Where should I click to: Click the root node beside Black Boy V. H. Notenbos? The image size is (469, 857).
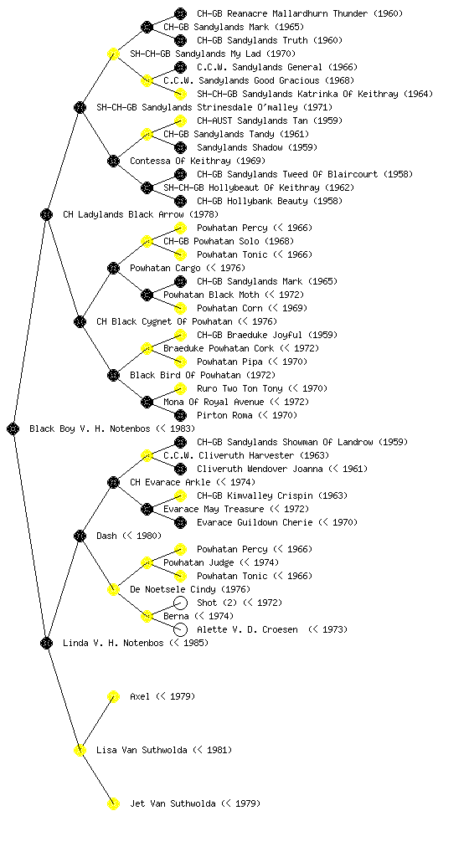coord(13,428)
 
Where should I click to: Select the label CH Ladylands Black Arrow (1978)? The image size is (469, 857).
coord(141,214)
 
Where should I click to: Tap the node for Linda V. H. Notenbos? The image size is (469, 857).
coord(46,643)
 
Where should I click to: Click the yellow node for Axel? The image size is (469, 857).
coord(113,696)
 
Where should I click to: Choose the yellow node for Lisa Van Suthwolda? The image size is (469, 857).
coord(80,750)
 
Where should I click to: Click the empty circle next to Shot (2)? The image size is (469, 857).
coord(180,603)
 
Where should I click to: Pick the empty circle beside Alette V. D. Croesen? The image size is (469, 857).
coord(180,629)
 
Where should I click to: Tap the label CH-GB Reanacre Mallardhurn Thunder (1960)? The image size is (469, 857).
coord(300,13)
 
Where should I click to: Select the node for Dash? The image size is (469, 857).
coord(80,536)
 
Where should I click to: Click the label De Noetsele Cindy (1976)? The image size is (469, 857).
coord(190,589)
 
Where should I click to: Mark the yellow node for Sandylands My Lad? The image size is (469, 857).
coord(113,54)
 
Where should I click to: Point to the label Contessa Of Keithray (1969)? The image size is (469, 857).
coord(198,161)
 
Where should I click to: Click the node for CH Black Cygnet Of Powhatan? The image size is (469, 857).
coord(80,321)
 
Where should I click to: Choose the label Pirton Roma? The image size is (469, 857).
coord(224,415)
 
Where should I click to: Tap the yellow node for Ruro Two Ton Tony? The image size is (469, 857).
coord(180,388)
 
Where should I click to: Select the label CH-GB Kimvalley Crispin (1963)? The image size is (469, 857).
coord(272,495)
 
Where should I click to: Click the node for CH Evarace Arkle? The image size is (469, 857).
coord(113,482)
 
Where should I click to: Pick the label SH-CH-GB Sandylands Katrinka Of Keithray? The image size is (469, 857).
coord(297,94)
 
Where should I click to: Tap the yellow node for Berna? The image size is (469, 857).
coord(147,616)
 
